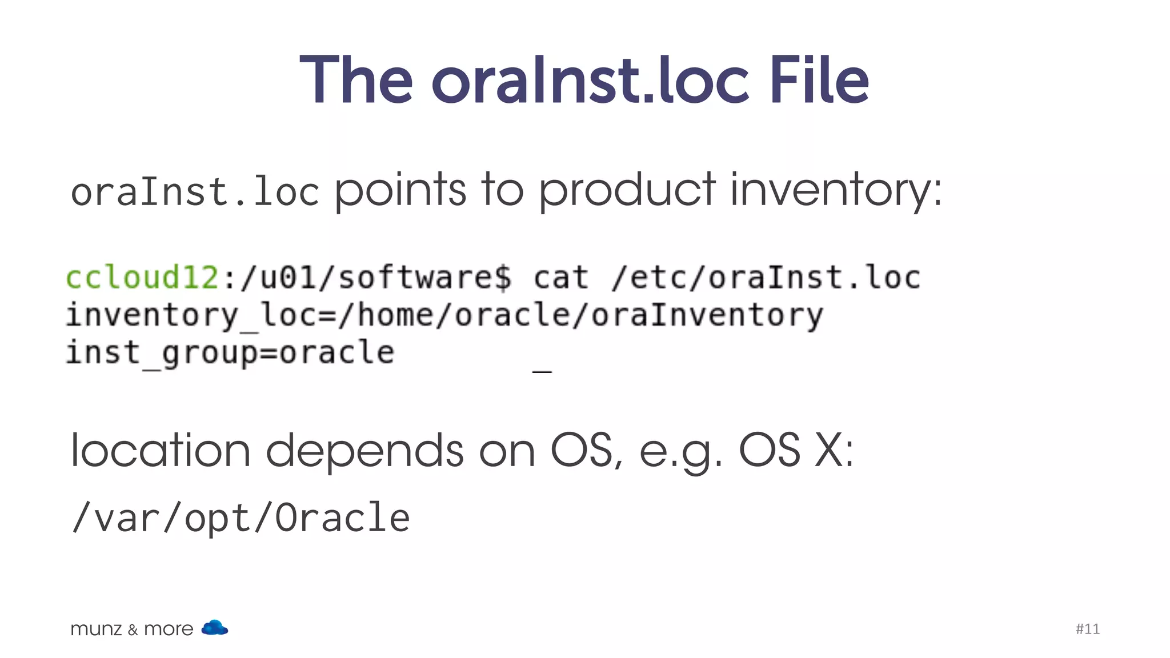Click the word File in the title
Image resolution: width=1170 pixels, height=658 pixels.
[819, 80]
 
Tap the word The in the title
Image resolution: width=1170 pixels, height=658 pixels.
[356, 80]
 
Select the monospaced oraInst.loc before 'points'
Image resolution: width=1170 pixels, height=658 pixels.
[194, 192]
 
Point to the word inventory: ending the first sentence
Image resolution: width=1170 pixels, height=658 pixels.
[836, 191]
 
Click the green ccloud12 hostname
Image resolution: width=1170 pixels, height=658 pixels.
[142, 278]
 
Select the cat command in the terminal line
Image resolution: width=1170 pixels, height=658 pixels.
[560, 278]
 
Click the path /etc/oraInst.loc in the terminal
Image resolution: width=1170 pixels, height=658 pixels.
[766, 278]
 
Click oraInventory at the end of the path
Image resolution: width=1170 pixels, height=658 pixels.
[707, 315]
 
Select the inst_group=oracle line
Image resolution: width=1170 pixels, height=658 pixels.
[230, 353]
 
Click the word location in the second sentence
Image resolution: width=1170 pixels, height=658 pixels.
[160, 451]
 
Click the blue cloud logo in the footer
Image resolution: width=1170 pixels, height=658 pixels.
[215, 628]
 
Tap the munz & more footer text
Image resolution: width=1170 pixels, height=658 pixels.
[131, 629]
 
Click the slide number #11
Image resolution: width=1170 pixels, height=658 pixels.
[1087, 629]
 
